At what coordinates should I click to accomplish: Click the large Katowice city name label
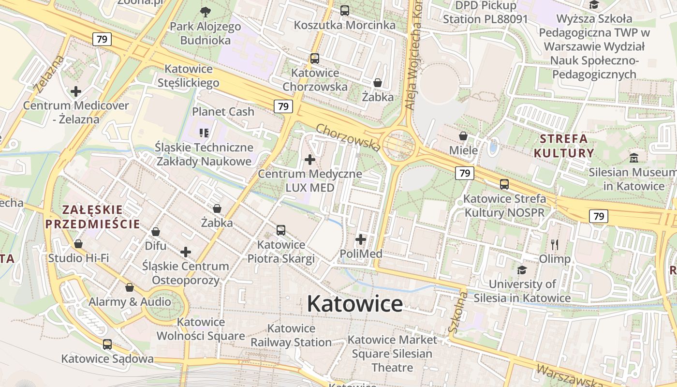[354, 304]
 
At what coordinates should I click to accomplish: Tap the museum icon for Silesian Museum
[634, 158]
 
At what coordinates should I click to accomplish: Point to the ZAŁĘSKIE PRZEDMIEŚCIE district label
[92, 217]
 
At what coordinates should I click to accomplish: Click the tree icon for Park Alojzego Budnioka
[205, 12]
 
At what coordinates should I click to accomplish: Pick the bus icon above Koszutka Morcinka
[345, 10]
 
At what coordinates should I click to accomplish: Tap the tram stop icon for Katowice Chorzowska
[315, 59]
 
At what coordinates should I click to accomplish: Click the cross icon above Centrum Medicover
[76, 91]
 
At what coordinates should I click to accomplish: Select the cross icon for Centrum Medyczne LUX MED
[310, 159]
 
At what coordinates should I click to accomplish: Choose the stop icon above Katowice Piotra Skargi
[281, 230]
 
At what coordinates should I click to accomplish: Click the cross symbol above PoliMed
[361, 239]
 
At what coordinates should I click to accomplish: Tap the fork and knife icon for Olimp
[555, 244]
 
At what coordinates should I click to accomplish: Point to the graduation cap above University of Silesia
[522, 269]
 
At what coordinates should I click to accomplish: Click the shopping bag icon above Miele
[463, 136]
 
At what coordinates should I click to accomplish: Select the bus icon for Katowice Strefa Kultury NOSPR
[504, 184]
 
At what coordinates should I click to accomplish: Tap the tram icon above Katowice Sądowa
[107, 344]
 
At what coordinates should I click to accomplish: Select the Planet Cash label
[223, 111]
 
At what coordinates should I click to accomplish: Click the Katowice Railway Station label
[291, 335]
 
